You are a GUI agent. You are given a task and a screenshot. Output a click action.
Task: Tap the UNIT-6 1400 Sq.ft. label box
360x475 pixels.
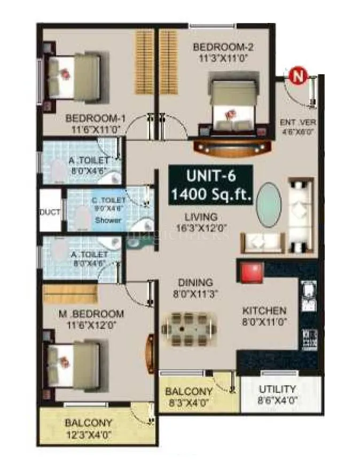[x=210, y=185]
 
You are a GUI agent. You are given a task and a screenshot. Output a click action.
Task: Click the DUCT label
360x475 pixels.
[x=50, y=212]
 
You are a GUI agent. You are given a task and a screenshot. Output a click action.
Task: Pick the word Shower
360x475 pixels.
[x=108, y=220]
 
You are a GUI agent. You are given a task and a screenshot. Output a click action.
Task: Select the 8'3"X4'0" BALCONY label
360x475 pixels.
[x=189, y=396]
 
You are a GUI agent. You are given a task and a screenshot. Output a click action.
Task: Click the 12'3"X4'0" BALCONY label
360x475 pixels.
[x=88, y=428]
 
